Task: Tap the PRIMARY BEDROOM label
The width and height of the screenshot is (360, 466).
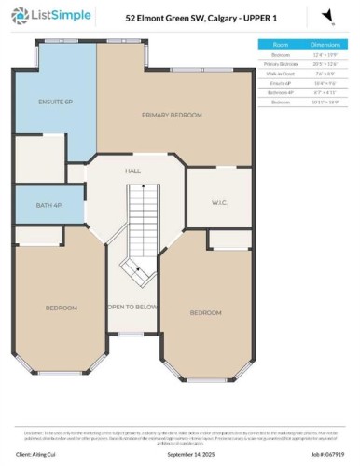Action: click(x=172, y=115)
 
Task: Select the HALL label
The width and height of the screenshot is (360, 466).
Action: click(x=132, y=171)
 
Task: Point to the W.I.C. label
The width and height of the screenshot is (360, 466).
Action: click(x=220, y=201)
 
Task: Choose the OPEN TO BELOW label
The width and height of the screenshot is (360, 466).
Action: click(x=131, y=307)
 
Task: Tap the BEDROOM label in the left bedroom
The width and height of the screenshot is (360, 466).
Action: click(x=62, y=308)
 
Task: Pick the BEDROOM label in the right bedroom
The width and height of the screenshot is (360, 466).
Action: click(x=205, y=312)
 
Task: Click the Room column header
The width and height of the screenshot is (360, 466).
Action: click(x=280, y=44)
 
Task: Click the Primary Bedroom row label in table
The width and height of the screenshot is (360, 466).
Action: click(x=280, y=64)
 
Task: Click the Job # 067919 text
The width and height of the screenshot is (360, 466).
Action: click(x=325, y=455)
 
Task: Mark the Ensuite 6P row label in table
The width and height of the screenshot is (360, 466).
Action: click(x=280, y=84)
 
